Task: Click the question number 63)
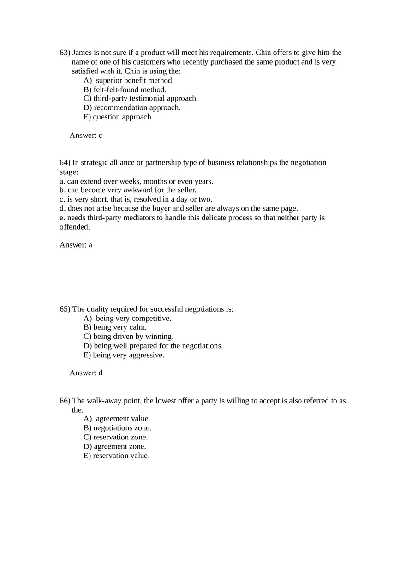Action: coord(65,53)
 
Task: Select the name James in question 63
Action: coord(82,53)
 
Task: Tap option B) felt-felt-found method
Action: coord(125,89)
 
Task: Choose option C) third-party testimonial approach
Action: coord(140,98)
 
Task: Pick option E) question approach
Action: coord(118,117)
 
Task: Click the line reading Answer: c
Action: coord(86,135)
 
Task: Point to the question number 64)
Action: coord(65,162)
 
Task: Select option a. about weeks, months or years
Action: coord(136,181)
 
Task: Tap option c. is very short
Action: coord(136,199)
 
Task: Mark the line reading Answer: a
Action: coord(76,245)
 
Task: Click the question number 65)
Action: coord(65,309)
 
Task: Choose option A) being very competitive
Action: coord(127,318)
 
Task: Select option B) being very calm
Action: coord(115,327)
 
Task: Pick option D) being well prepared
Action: coord(153,345)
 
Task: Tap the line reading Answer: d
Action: coord(86,373)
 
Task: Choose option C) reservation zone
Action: coord(115,437)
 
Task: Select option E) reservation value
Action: coord(116,456)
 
